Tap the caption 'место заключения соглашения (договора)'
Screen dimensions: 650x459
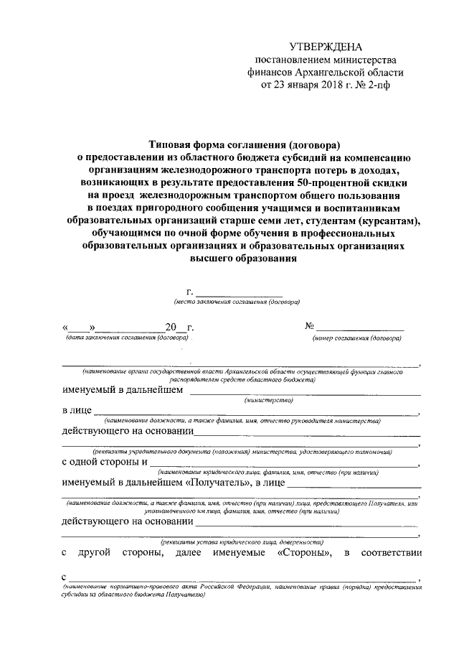pyautogui.click(x=232, y=302)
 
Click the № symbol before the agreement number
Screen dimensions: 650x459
pyautogui.click(x=311, y=327)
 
